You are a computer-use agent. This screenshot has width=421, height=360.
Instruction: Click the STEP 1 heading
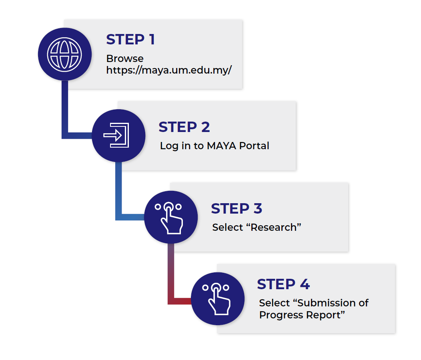pos(130,40)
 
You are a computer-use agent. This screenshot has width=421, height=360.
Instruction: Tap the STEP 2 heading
pos(184,127)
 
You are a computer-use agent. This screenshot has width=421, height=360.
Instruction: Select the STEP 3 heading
pos(237,208)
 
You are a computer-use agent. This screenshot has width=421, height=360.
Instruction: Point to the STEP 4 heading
pos(283,284)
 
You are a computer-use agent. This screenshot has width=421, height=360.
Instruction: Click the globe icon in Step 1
pos(64,54)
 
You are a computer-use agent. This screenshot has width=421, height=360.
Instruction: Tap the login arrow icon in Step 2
pos(116,135)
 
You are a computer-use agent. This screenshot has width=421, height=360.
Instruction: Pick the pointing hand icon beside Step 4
pos(217,299)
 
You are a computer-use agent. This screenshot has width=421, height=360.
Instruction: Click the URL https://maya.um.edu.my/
pos(169,70)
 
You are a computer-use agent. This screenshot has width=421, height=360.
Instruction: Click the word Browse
pos(125,58)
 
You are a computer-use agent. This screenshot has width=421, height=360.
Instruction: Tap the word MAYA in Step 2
pos(222,146)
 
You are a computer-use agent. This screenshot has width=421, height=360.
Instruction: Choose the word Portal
pos(254,146)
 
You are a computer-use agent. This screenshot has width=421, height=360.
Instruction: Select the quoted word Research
pos(274,227)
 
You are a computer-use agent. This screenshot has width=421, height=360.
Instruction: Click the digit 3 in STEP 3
pos(258,208)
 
